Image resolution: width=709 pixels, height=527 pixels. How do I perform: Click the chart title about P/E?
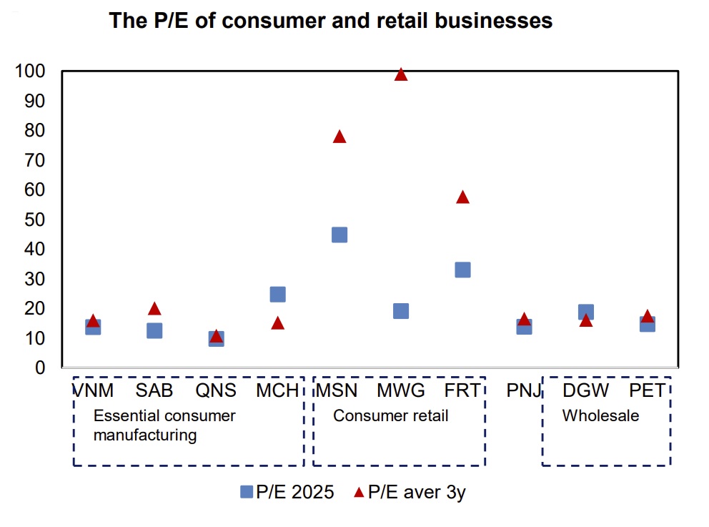(x=330, y=21)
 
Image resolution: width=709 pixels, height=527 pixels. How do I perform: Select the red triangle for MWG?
(x=401, y=74)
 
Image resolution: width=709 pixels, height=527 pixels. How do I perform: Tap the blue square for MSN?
(x=339, y=235)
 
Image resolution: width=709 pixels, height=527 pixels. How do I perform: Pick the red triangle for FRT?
(x=462, y=197)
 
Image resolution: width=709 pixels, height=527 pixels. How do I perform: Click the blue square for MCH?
(x=278, y=294)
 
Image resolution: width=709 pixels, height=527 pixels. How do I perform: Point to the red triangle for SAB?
(x=154, y=309)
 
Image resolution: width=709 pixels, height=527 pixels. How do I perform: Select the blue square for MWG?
(x=401, y=310)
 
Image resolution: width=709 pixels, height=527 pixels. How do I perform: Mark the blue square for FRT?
(x=462, y=270)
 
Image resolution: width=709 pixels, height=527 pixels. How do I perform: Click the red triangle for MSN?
(x=339, y=137)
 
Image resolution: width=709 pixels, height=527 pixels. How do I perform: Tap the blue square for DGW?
(x=586, y=312)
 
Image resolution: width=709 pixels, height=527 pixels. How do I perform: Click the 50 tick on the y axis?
(x=35, y=220)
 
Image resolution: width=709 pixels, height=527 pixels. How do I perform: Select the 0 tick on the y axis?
(x=40, y=368)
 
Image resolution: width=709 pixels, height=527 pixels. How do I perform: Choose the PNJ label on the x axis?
(x=524, y=390)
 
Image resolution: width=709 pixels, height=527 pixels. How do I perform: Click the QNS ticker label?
(x=216, y=390)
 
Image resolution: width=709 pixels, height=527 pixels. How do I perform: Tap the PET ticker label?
(x=647, y=390)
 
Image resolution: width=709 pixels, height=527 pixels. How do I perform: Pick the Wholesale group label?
(x=600, y=415)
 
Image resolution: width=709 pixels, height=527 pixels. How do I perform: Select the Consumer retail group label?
(x=390, y=415)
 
